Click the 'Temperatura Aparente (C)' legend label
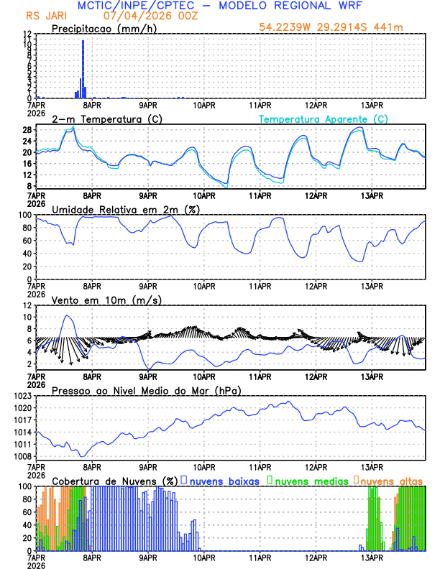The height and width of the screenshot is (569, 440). click(x=323, y=119)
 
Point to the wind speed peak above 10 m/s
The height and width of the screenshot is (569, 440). click(x=67, y=315)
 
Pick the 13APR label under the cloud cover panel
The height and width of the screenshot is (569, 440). click(x=371, y=558)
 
